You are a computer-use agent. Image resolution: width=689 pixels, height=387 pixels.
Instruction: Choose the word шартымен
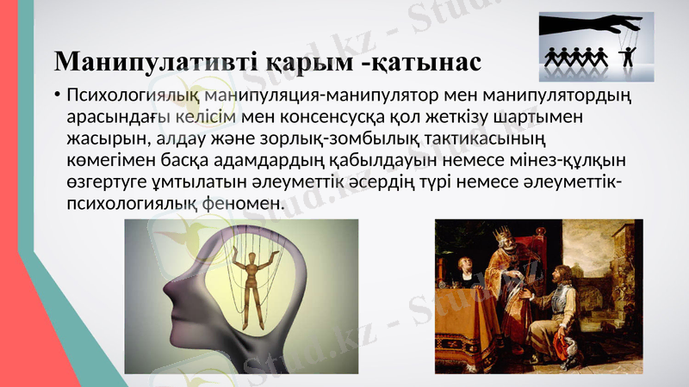coord(531,116)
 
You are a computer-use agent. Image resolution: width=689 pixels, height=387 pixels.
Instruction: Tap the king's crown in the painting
coord(499,233)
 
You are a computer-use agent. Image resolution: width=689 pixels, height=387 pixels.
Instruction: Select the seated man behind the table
coord(456,275)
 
